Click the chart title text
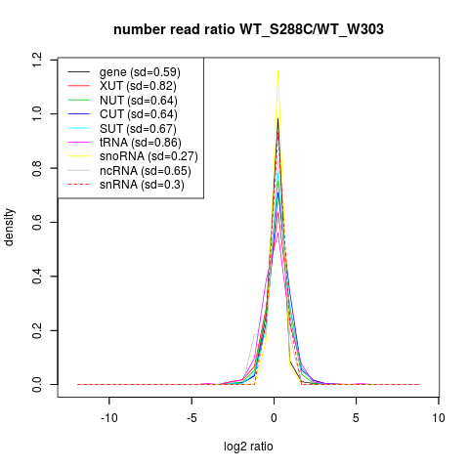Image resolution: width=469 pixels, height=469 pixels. pos(248,29)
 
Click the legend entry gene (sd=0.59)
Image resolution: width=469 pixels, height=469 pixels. pos(140,72)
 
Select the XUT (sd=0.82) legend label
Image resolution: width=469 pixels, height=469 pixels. pos(138,86)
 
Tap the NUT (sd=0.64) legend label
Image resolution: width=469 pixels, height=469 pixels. pos(139,101)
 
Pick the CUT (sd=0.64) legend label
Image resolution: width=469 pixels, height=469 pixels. pos(139,114)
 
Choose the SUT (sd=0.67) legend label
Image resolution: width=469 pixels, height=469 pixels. pos(138,129)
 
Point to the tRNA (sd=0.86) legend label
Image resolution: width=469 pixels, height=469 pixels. pos(141,143)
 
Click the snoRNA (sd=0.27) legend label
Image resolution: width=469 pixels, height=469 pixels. pos(149,156)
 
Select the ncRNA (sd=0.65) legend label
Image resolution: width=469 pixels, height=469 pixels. pos(146,171)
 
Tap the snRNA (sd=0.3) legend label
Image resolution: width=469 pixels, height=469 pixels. pos(142,185)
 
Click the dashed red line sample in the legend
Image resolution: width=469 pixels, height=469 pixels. pos(78,185)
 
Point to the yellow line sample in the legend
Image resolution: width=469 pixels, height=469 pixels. pos(78,156)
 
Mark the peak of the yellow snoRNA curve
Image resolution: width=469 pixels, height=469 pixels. pos(277,70)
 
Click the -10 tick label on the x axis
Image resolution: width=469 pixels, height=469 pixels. pos(109,418)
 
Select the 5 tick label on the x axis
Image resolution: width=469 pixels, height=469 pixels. pos(356,418)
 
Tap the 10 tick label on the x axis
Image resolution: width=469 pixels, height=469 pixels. pos(439,418)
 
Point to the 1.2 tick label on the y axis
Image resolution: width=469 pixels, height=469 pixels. pos(37,61)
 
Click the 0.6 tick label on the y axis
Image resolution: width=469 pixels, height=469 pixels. pos(37,222)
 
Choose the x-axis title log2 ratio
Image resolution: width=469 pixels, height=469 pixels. pos(248,447)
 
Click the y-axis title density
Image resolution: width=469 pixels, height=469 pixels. pos(9,227)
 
